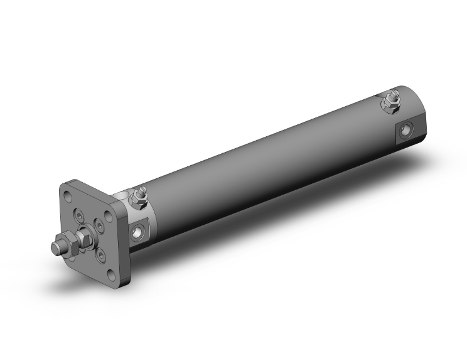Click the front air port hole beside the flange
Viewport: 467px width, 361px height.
(x=139, y=234)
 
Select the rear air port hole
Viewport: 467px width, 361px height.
(x=407, y=130)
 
